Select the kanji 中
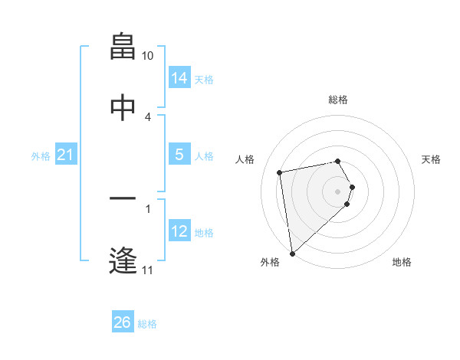click(123, 108)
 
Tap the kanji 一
click(123, 199)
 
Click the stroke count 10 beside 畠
click(148, 56)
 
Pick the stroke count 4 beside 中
click(148, 116)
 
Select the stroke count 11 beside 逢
click(148, 270)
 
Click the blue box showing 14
click(179, 78)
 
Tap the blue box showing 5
click(179, 155)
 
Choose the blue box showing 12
click(179, 231)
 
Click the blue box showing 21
click(66, 155)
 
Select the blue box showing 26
click(123, 322)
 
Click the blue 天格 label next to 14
click(204, 80)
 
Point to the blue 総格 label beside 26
click(147, 324)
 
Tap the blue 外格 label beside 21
click(41, 156)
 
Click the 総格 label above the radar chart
click(338, 100)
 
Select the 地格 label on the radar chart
click(402, 262)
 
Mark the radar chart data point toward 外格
click(292, 253)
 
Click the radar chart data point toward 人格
click(280, 172)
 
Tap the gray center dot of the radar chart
click(338, 190)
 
